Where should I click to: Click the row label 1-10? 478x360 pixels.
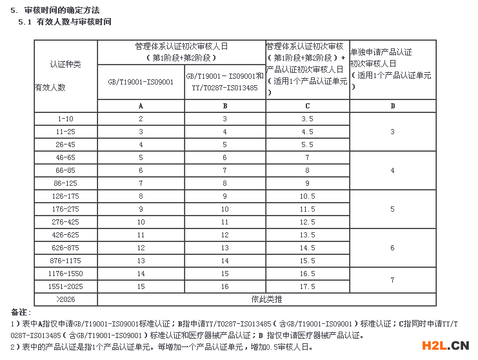(65, 119)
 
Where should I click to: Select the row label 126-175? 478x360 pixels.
(65, 196)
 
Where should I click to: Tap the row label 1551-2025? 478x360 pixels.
(65, 286)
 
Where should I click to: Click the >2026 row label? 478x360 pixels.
(65, 299)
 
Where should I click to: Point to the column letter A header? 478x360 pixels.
(141, 106)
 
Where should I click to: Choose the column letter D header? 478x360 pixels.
(392, 106)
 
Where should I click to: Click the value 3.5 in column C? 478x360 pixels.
(307, 119)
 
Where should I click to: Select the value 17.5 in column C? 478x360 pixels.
(307, 286)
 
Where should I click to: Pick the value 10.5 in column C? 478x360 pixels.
(307, 196)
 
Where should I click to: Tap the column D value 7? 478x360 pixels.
(392, 280)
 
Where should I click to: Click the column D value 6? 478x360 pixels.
(392, 248)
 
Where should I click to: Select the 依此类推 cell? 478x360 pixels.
(266, 299)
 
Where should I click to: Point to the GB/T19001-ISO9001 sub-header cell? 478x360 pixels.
(141, 83)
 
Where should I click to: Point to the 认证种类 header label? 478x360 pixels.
(65, 65)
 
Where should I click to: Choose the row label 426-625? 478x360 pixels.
(65, 235)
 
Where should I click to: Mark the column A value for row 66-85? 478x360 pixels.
(141, 170)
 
